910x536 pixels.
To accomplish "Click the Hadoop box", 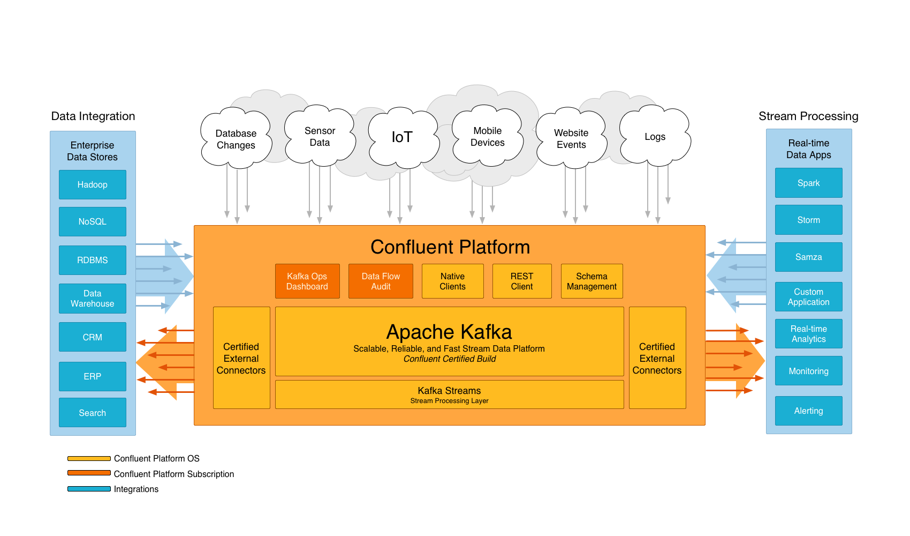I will pyautogui.click(x=92, y=184).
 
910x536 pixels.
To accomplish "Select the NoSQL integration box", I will pyautogui.click(x=92, y=221).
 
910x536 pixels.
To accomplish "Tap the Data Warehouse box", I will pyautogui.click(x=92, y=299).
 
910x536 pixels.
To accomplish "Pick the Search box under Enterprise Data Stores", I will pyautogui.click(x=92, y=413).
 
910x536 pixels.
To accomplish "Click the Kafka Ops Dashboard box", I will pyautogui.click(x=307, y=281).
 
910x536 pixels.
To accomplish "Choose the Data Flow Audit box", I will pyautogui.click(x=381, y=281).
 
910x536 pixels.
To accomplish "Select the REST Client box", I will pyautogui.click(x=522, y=281).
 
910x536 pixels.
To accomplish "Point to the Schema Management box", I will pyautogui.click(x=591, y=281).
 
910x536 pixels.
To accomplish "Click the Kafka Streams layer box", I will pyautogui.click(x=449, y=394).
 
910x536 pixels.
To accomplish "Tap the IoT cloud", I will pyautogui.click(x=402, y=137).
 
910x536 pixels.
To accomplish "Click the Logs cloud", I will pyautogui.click(x=655, y=137).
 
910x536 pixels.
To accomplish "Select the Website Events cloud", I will pyautogui.click(x=571, y=138).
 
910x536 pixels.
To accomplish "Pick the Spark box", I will pyautogui.click(x=808, y=183).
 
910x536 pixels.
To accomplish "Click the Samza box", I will pyautogui.click(x=808, y=257).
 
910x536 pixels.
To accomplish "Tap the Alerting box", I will pyautogui.click(x=808, y=411).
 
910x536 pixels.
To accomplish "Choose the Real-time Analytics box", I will pyautogui.click(x=808, y=333).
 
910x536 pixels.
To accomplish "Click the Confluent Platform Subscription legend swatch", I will pyautogui.click(x=89, y=473).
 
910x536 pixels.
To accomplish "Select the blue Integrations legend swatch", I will pyautogui.click(x=89, y=489).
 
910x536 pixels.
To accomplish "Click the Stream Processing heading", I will pyautogui.click(x=808, y=116).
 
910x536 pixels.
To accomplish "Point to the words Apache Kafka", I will pyautogui.click(x=449, y=332).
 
